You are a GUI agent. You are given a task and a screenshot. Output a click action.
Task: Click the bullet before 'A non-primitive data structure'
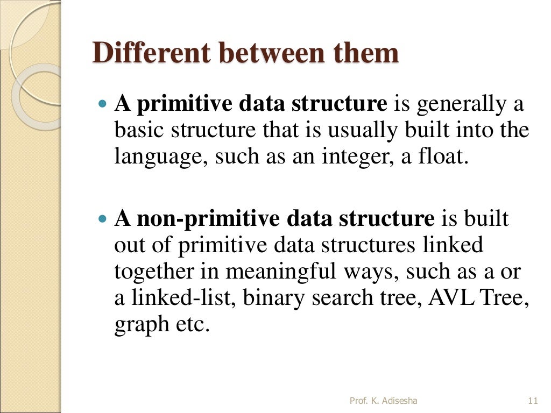(104, 219)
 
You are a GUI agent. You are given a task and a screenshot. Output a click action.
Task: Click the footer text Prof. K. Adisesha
(383, 401)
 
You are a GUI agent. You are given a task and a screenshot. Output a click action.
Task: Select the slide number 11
(533, 401)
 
